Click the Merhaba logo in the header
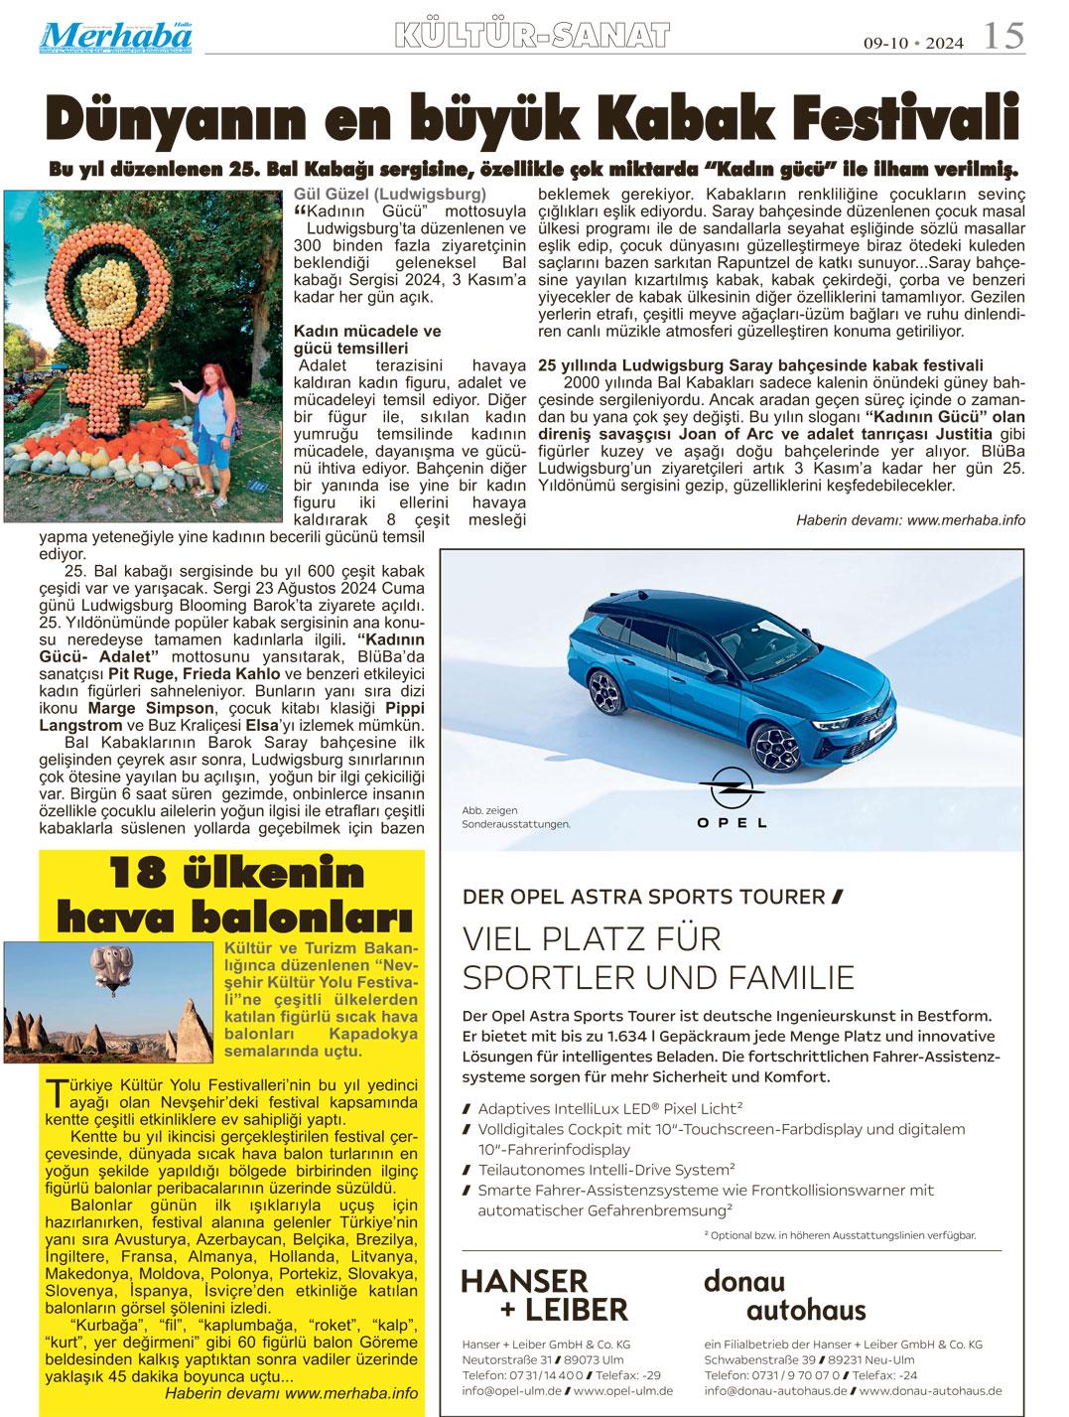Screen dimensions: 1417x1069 (117, 37)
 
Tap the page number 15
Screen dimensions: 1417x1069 (1003, 37)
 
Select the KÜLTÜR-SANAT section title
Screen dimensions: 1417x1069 (532, 37)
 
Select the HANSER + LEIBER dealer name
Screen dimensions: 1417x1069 (545, 1294)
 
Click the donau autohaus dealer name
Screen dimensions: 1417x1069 (785, 1294)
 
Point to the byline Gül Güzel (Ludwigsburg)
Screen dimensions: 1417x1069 (390, 194)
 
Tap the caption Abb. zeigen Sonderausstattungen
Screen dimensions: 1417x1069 (516, 817)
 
